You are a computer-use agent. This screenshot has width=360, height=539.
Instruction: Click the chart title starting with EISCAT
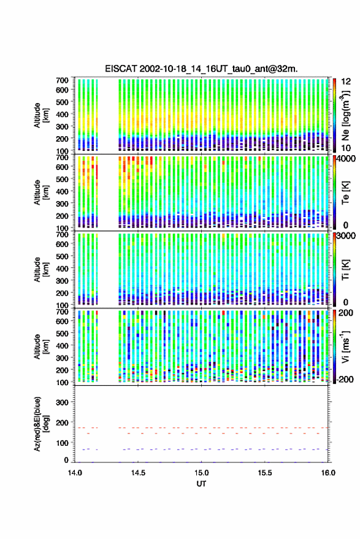coord(201,69)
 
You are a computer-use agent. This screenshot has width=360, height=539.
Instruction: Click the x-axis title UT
coord(201,484)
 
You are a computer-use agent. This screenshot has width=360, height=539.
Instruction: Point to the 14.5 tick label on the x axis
coord(138,473)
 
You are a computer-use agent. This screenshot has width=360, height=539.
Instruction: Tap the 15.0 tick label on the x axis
coord(201,473)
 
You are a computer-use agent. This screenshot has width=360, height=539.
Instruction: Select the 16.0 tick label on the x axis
coord(328,473)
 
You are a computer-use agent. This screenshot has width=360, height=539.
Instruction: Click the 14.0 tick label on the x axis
coord(75,473)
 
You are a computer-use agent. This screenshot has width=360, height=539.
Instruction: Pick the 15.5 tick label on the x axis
coord(265,473)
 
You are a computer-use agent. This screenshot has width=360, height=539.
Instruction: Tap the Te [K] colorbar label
coord(345,193)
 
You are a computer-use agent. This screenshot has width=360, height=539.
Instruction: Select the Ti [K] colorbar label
coord(345,270)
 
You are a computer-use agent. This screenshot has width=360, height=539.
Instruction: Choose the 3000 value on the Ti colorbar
coord(346,236)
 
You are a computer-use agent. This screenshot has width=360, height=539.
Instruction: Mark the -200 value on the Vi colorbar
coord(345,380)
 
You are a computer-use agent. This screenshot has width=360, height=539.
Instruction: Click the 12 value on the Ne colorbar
coord(347,82)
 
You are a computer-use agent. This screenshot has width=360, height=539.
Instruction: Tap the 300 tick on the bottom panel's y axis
coord(62,402)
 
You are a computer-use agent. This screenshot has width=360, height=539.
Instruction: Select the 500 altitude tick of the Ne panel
coord(62,102)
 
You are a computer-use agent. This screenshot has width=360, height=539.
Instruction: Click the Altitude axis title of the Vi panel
coord(41,346)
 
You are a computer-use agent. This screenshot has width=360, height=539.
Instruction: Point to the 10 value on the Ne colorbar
coord(347,148)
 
